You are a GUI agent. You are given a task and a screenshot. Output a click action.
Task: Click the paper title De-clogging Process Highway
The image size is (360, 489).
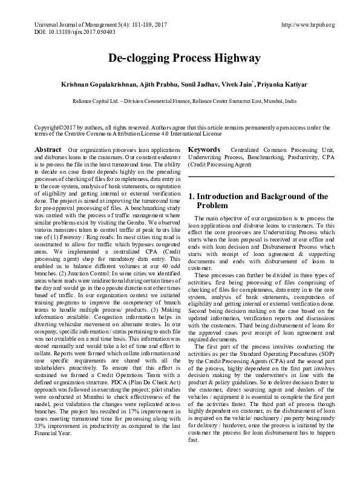pyautogui.click(x=185, y=58)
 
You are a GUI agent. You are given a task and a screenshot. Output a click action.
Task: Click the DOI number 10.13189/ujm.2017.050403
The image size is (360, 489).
pyautogui.click(x=74, y=31)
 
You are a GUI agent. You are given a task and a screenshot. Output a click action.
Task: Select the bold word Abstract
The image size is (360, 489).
pyautogui.click(x=48, y=149)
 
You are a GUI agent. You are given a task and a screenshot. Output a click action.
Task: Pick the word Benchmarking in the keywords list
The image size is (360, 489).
pyautogui.click(x=261, y=157)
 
